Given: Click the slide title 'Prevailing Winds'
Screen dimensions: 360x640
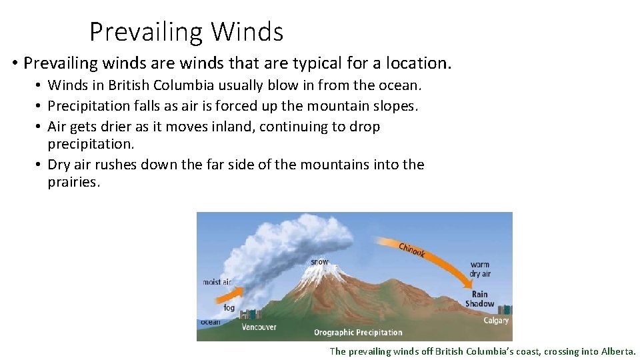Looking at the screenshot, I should pos(186,31).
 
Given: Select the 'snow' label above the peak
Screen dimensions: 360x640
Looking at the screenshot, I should pos(319,262).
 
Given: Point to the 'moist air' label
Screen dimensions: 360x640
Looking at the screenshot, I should pos(217,282).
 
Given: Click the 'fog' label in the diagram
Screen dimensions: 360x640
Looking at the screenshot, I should pos(229,308).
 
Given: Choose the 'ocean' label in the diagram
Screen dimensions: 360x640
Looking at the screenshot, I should pos(210,322).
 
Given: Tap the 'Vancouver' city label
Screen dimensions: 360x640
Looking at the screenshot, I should pos(259,327).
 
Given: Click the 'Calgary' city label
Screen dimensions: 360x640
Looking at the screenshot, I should pos(495,321).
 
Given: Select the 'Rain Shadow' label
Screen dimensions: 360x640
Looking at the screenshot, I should pos(479,299).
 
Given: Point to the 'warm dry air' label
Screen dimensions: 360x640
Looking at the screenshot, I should pos(480,269).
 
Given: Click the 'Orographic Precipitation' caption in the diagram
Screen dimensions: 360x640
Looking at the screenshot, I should pos(358,332).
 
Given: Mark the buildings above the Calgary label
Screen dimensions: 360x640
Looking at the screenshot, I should pos(505,309).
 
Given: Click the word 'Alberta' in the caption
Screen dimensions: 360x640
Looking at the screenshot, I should pos(618,351).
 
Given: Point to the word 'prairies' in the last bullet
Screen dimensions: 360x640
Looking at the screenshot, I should pos(73,182).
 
